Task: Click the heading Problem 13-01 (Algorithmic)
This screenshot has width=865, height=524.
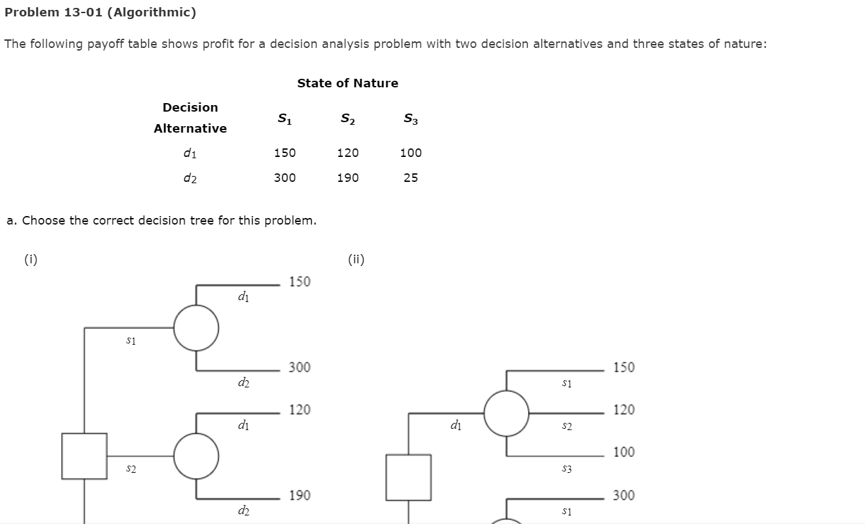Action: [x=100, y=12]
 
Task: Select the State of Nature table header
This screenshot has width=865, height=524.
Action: [x=347, y=83]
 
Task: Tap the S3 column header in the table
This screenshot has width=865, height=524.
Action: [x=411, y=119]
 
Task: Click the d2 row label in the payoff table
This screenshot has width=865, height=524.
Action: [x=190, y=178]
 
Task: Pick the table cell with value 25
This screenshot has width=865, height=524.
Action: [x=411, y=178]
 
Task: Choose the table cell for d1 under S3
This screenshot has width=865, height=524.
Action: [x=411, y=153]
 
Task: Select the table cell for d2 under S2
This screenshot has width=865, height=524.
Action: [x=348, y=178]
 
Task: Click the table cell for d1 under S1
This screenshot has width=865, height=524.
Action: [x=285, y=153]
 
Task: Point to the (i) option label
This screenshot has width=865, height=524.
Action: [x=31, y=259]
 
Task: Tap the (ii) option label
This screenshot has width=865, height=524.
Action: [x=356, y=259]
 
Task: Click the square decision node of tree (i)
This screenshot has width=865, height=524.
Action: [x=85, y=456]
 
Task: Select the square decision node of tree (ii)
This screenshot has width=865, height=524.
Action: [x=408, y=477]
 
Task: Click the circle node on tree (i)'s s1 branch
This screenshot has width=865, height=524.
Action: [x=196, y=328]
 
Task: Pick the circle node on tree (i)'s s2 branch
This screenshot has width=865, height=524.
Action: [x=196, y=456]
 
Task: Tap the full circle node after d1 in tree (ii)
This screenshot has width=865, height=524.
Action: [x=506, y=413]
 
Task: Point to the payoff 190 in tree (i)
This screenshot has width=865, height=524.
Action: [x=300, y=495]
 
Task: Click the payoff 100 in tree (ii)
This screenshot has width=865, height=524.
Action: [x=624, y=452]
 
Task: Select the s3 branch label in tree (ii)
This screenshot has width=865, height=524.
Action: [x=567, y=469]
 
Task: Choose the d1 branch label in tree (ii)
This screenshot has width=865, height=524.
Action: [x=456, y=426]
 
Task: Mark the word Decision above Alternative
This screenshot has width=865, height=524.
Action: [x=190, y=108]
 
